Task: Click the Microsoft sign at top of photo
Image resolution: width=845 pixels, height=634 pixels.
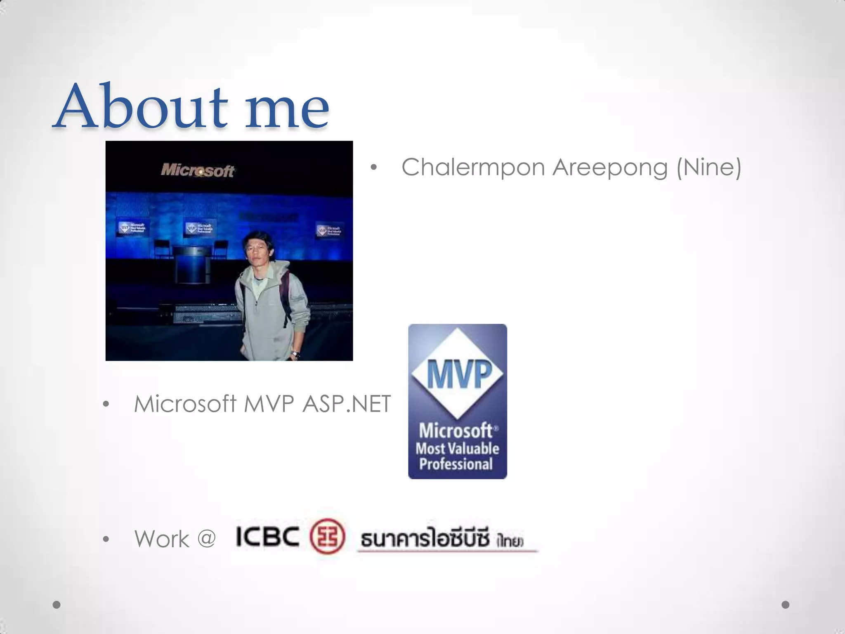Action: click(x=197, y=170)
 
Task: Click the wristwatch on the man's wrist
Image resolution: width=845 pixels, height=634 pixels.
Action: click(x=295, y=353)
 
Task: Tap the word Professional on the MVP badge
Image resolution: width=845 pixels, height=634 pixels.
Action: click(x=456, y=464)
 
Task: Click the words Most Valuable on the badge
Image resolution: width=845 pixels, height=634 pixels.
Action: click(x=457, y=448)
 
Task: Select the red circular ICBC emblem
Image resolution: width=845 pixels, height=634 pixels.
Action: click(x=327, y=536)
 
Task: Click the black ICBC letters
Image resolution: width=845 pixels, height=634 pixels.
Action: click(x=267, y=537)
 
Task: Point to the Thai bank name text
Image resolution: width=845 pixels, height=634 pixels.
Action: click(x=441, y=539)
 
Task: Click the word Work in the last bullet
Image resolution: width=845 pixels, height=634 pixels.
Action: click(x=161, y=539)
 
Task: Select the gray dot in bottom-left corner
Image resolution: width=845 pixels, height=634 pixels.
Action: click(x=57, y=605)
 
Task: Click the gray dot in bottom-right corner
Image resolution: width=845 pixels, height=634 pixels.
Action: click(x=786, y=605)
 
